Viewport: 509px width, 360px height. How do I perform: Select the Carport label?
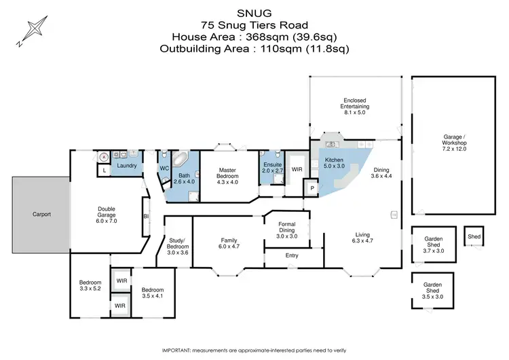pos(41,214)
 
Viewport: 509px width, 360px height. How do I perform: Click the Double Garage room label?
pos(107,213)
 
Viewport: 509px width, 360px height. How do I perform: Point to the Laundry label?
pos(128,166)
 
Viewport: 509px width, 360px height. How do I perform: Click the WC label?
pos(164,168)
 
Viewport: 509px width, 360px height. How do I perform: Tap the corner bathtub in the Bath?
pos(180,160)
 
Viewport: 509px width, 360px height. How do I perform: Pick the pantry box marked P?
pos(312,188)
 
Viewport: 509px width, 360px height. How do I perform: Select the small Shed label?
pos(472,236)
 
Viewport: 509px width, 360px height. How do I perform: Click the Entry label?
pos(292,255)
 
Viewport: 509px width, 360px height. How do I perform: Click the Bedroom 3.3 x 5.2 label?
pos(90,285)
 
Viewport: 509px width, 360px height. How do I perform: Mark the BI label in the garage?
pos(146,216)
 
